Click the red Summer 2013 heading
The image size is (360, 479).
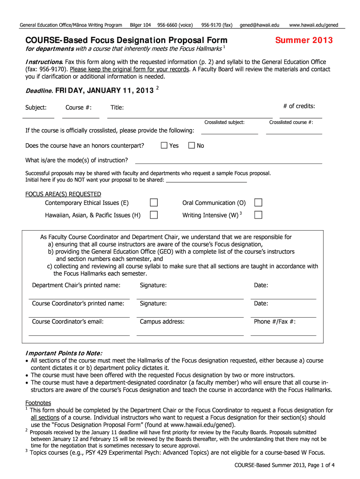pos(304,40)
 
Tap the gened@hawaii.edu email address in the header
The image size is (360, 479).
pos(259,24)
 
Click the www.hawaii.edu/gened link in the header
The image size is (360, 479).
pos(314,24)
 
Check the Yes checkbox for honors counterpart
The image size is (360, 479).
pos(164,145)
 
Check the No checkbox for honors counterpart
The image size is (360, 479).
pos(192,145)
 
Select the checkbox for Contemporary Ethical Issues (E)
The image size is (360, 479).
pos(153,203)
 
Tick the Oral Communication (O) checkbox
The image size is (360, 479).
pos(258,203)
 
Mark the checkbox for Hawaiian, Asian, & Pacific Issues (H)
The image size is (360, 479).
pos(153,215)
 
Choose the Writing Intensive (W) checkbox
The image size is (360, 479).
pos(258,215)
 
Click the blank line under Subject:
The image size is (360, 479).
pos(39,116)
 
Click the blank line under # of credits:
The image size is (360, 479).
pos(301,116)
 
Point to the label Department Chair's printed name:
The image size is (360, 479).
pos(76,285)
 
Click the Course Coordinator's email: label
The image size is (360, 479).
pos(68,321)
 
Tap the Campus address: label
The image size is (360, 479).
pos(162,321)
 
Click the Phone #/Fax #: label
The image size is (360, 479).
pos(275,321)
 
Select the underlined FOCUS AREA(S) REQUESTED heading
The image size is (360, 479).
pos(63,194)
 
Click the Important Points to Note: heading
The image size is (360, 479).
pos(64,353)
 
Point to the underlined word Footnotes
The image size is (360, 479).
pos(38,403)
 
